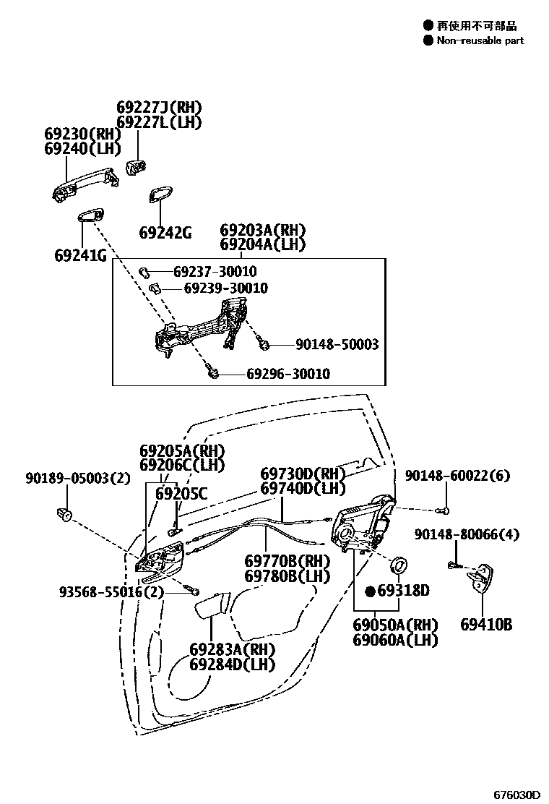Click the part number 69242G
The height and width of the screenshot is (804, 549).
(165, 233)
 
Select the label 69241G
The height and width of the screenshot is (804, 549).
(79, 255)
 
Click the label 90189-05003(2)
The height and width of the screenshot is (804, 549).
(67, 478)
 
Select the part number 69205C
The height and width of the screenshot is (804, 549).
(181, 495)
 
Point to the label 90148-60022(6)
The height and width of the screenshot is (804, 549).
(457, 475)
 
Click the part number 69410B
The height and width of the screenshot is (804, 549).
(486, 624)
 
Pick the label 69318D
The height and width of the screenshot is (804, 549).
(402, 591)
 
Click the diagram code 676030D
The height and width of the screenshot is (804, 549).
(516, 794)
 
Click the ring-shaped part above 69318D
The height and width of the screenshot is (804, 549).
(398, 565)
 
